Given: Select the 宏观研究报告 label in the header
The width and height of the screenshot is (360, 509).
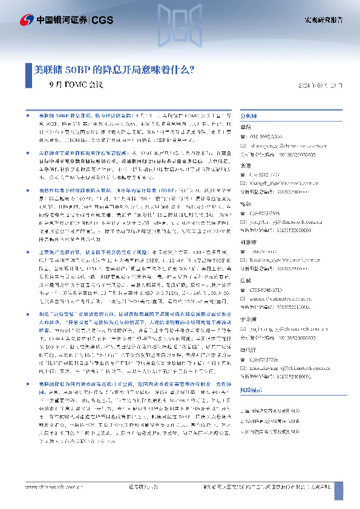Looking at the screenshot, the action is coord(323,20).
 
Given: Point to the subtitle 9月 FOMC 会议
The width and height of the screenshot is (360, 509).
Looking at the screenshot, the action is coord(76,85).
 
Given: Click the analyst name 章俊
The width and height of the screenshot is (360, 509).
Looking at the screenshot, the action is coord(246,127).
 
